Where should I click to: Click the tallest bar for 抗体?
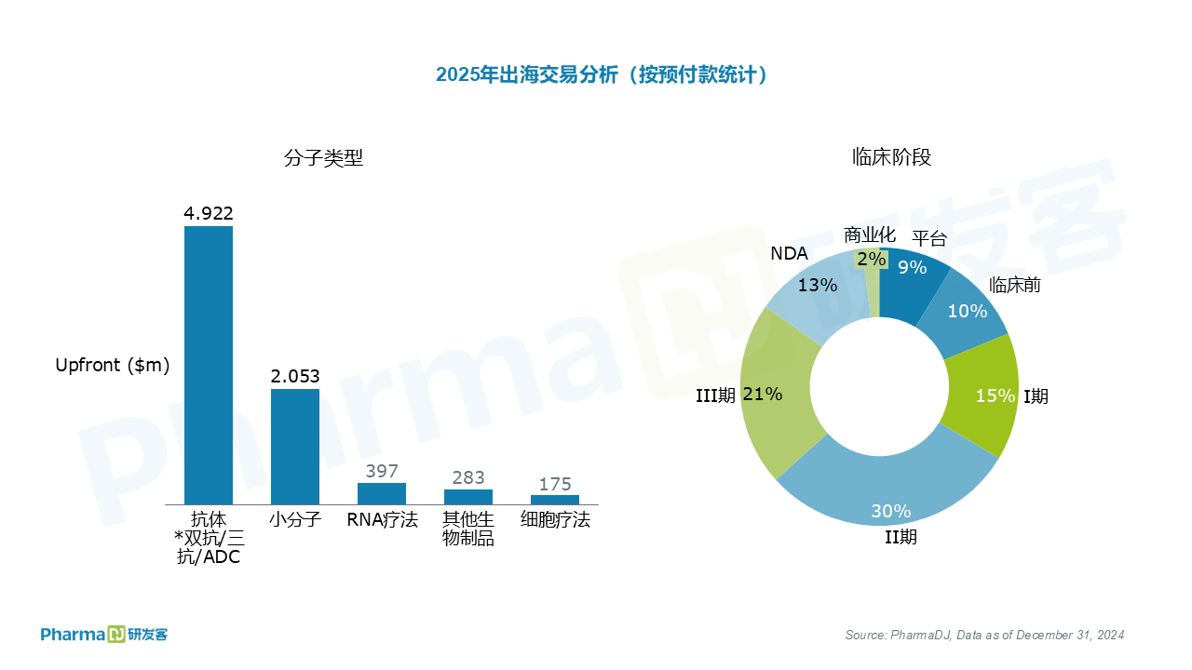click(x=209, y=365)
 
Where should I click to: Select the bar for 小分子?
click(x=295, y=447)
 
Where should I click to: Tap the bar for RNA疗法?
click(x=382, y=493)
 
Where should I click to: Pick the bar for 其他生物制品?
click(x=468, y=497)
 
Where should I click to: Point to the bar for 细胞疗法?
click(x=555, y=500)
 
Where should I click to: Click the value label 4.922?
click(x=209, y=213)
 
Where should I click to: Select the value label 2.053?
click(x=295, y=376)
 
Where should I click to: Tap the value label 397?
click(x=382, y=471)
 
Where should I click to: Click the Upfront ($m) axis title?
click(x=113, y=366)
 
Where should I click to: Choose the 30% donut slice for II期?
click(x=889, y=484)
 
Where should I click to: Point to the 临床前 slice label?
click(x=1015, y=285)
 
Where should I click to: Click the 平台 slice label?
click(x=928, y=238)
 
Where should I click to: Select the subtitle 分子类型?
click(x=323, y=158)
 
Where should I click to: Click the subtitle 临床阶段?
click(x=891, y=157)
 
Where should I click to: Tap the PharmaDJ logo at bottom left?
click(x=103, y=635)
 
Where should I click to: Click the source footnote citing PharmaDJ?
click(x=984, y=636)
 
